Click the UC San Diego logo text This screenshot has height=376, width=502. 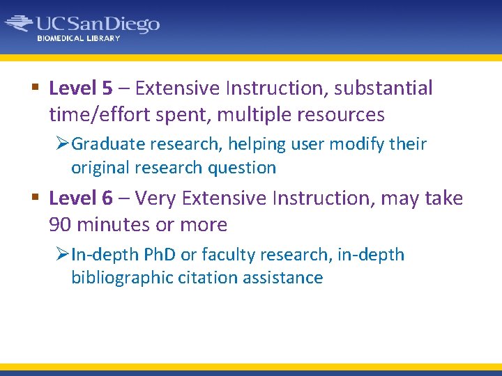click(x=98, y=24)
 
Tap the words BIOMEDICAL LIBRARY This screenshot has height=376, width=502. click(x=79, y=38)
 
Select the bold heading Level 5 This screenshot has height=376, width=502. click(x=81, y=88)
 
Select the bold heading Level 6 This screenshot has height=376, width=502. click(x=81, y=198)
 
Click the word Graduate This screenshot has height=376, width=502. click(x=104, y=144)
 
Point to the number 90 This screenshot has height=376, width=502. click(x=61, y=225)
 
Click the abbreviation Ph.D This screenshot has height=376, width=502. click(x=157, y=255)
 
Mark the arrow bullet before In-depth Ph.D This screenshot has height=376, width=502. click(x=62, y=255)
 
